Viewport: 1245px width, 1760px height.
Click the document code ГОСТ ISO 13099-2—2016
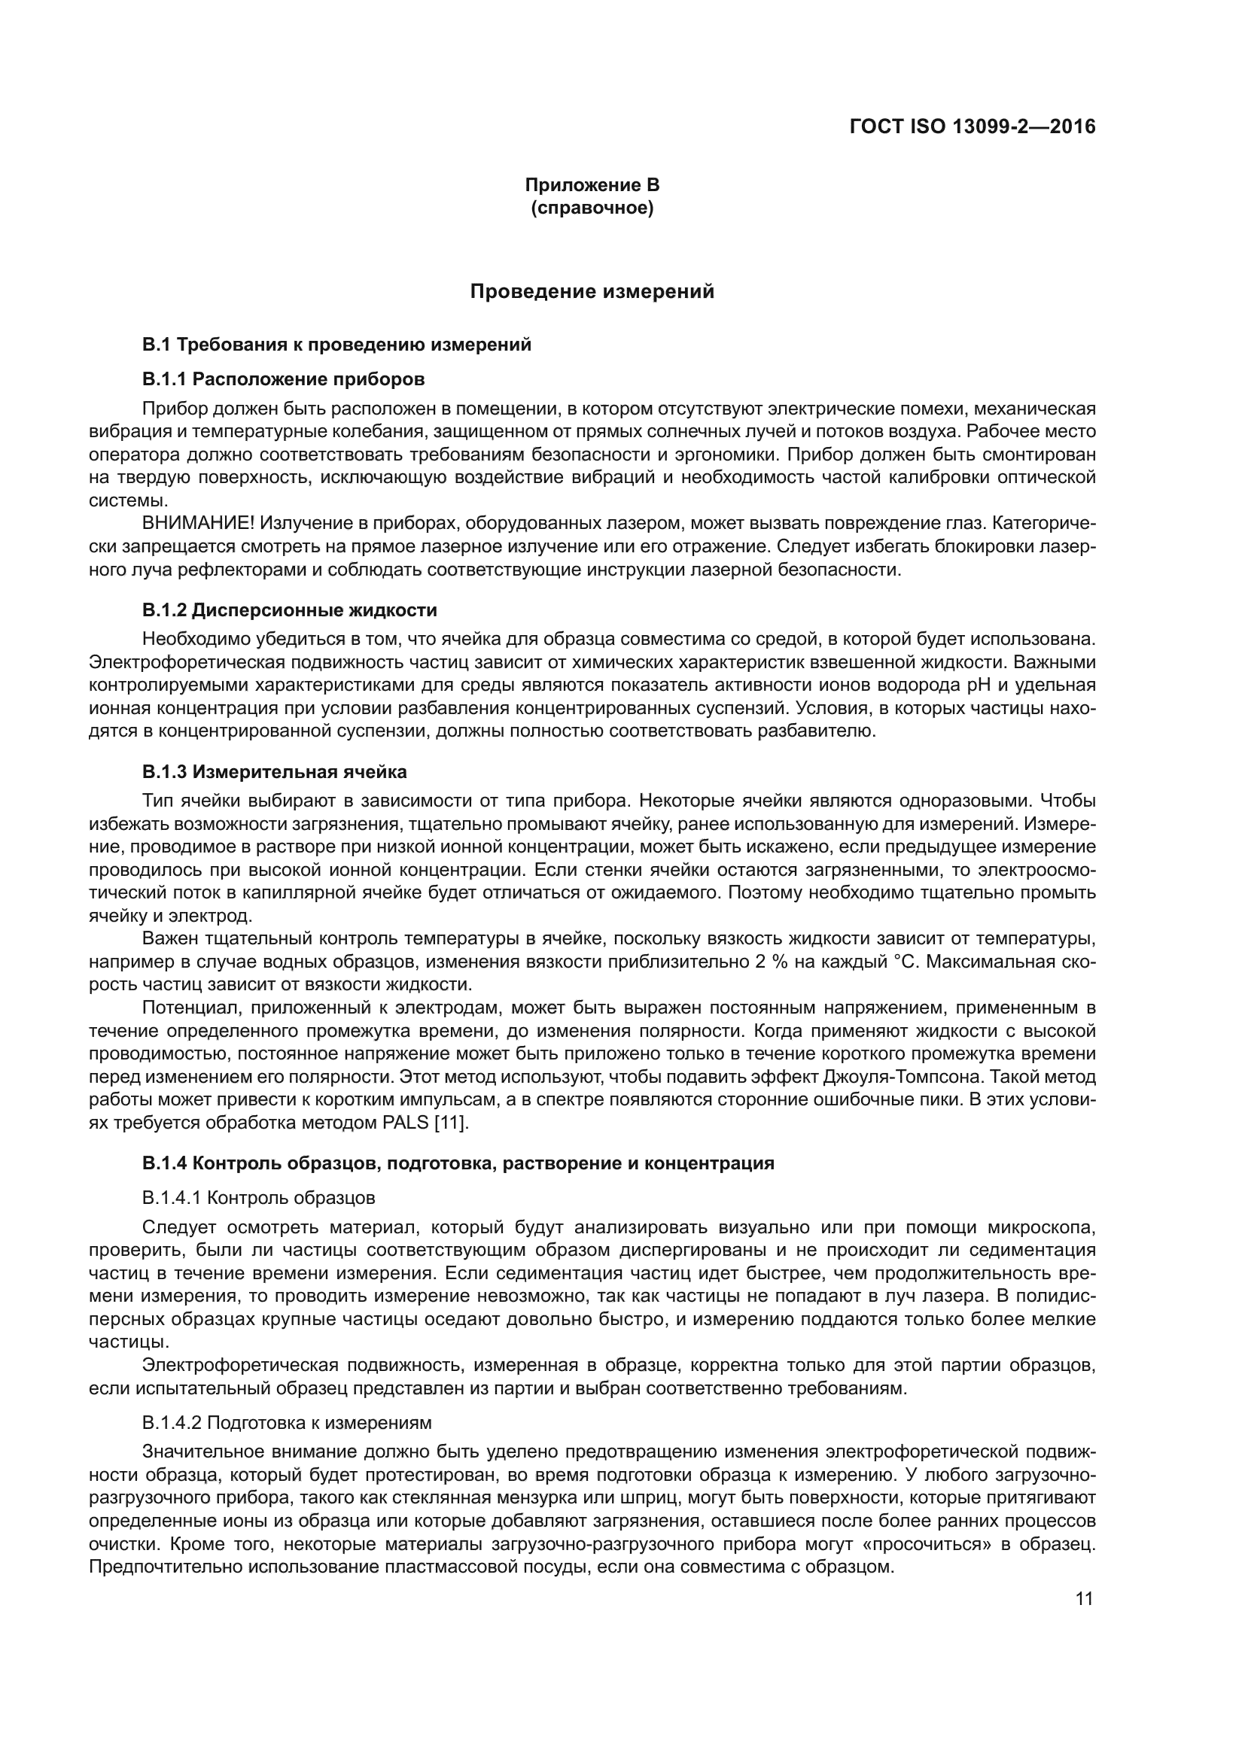(972, 126)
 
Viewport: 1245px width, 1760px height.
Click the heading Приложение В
(592, 185)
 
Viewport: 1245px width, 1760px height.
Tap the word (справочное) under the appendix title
(592, 208)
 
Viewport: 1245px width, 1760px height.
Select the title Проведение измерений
(592, 291)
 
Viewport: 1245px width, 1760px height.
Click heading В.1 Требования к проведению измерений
(336, 344)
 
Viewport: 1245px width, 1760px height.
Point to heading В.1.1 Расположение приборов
(283, 378)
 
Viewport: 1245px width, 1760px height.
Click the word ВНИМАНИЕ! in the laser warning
(198, 524)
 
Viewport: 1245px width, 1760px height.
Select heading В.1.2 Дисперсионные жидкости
(289, 610)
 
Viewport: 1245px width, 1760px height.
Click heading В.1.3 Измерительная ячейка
(274, 771)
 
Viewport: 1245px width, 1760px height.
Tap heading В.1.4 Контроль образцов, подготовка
(458, 1163)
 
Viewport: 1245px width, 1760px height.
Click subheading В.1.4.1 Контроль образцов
(258, 1197)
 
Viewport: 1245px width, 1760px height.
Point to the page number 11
(1084, 1599)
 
